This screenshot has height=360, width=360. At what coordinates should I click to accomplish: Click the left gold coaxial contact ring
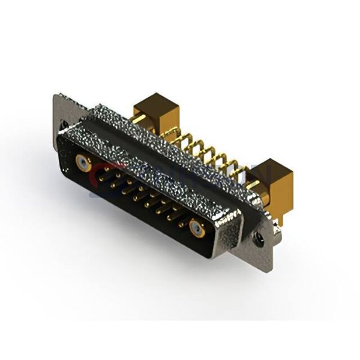coord(83,163)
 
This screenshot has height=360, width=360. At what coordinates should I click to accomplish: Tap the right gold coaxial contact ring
coord(196,227)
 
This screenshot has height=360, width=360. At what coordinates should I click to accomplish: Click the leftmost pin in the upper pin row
coord(102,171)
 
